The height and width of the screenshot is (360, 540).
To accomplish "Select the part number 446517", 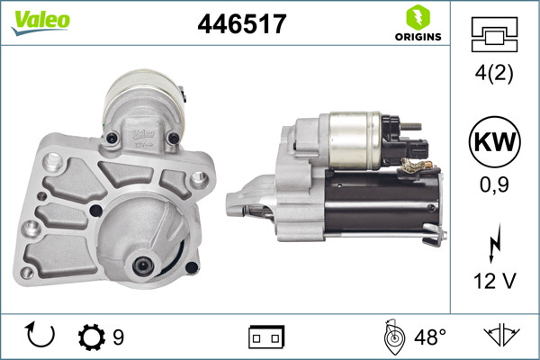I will click(241, 24).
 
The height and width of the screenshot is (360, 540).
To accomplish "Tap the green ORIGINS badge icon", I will click(417, 17).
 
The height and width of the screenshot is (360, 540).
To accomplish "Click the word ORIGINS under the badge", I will click(417, 37).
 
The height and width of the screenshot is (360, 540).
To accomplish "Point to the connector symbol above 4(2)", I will click(494, 36).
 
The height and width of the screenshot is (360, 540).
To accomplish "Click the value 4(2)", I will click(494, 76).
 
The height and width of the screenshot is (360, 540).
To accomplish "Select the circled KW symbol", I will click(494, 143).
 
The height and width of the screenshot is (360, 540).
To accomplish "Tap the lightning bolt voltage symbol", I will click(494, 245).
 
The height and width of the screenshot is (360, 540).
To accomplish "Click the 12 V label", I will click(494, 282).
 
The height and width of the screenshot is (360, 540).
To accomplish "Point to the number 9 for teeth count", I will click(118, 337).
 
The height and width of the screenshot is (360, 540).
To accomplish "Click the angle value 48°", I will click(430, 337).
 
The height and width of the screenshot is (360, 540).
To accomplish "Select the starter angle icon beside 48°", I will click(393, 337).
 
